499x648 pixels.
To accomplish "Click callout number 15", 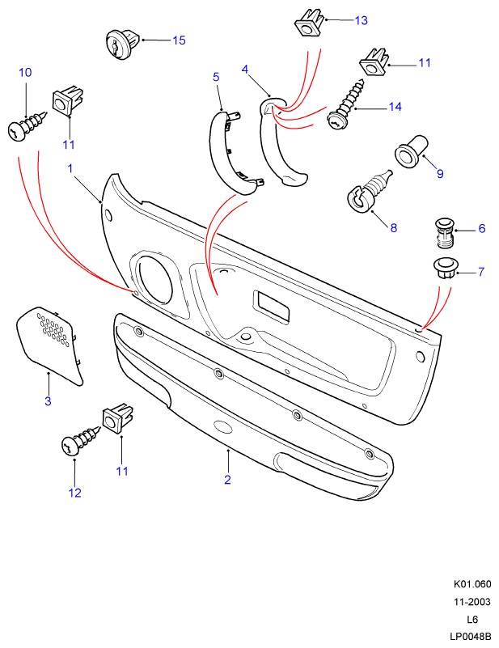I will tap(179, 40).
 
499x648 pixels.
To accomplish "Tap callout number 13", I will tap(361, 19).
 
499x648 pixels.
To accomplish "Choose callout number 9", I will tap(440, 173).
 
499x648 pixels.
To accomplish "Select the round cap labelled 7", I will tap(442, 269).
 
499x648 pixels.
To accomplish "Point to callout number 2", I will tap(228, 480).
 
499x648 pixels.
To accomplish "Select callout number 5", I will tap(216, 77).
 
